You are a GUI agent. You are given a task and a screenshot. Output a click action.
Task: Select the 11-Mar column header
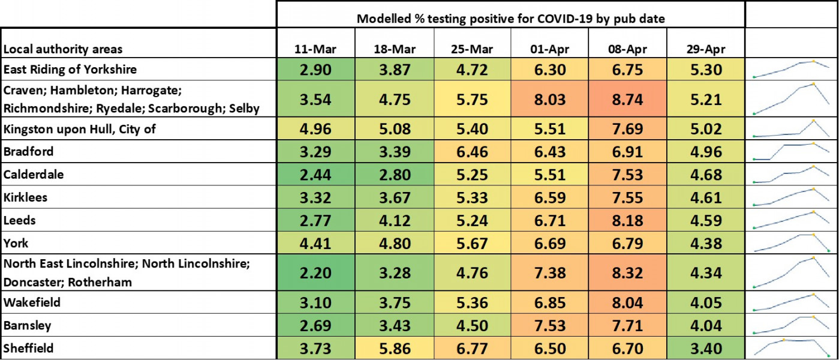[317, 49]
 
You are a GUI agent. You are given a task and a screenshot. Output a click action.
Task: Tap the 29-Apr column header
[706, 49]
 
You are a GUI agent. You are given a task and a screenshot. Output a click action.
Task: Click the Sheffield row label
[28, 349]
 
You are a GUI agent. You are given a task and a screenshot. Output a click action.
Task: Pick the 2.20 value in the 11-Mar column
[317, 273]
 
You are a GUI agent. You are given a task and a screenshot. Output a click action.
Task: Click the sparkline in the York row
[791, 243]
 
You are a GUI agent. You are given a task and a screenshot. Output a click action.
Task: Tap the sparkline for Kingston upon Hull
[791, 128]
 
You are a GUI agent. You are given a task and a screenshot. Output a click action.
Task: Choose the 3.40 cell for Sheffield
[706, 349]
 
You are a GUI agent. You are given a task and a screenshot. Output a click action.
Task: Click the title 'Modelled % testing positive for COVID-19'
[510, 18]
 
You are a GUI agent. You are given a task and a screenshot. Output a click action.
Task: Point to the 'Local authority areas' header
[63, 49]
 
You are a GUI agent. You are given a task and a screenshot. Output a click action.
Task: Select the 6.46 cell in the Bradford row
[472, 152]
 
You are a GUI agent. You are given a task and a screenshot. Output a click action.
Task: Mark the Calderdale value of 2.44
[317, 175]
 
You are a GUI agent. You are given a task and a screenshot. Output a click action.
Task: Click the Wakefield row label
[32, 302]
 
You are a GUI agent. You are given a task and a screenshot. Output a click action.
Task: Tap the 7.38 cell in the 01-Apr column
[550, 273]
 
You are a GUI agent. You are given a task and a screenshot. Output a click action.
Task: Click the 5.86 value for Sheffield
[394, 349]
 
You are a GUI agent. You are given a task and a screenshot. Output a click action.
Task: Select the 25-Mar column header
[472, 49]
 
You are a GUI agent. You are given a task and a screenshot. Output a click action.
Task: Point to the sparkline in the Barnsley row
[791, 325]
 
